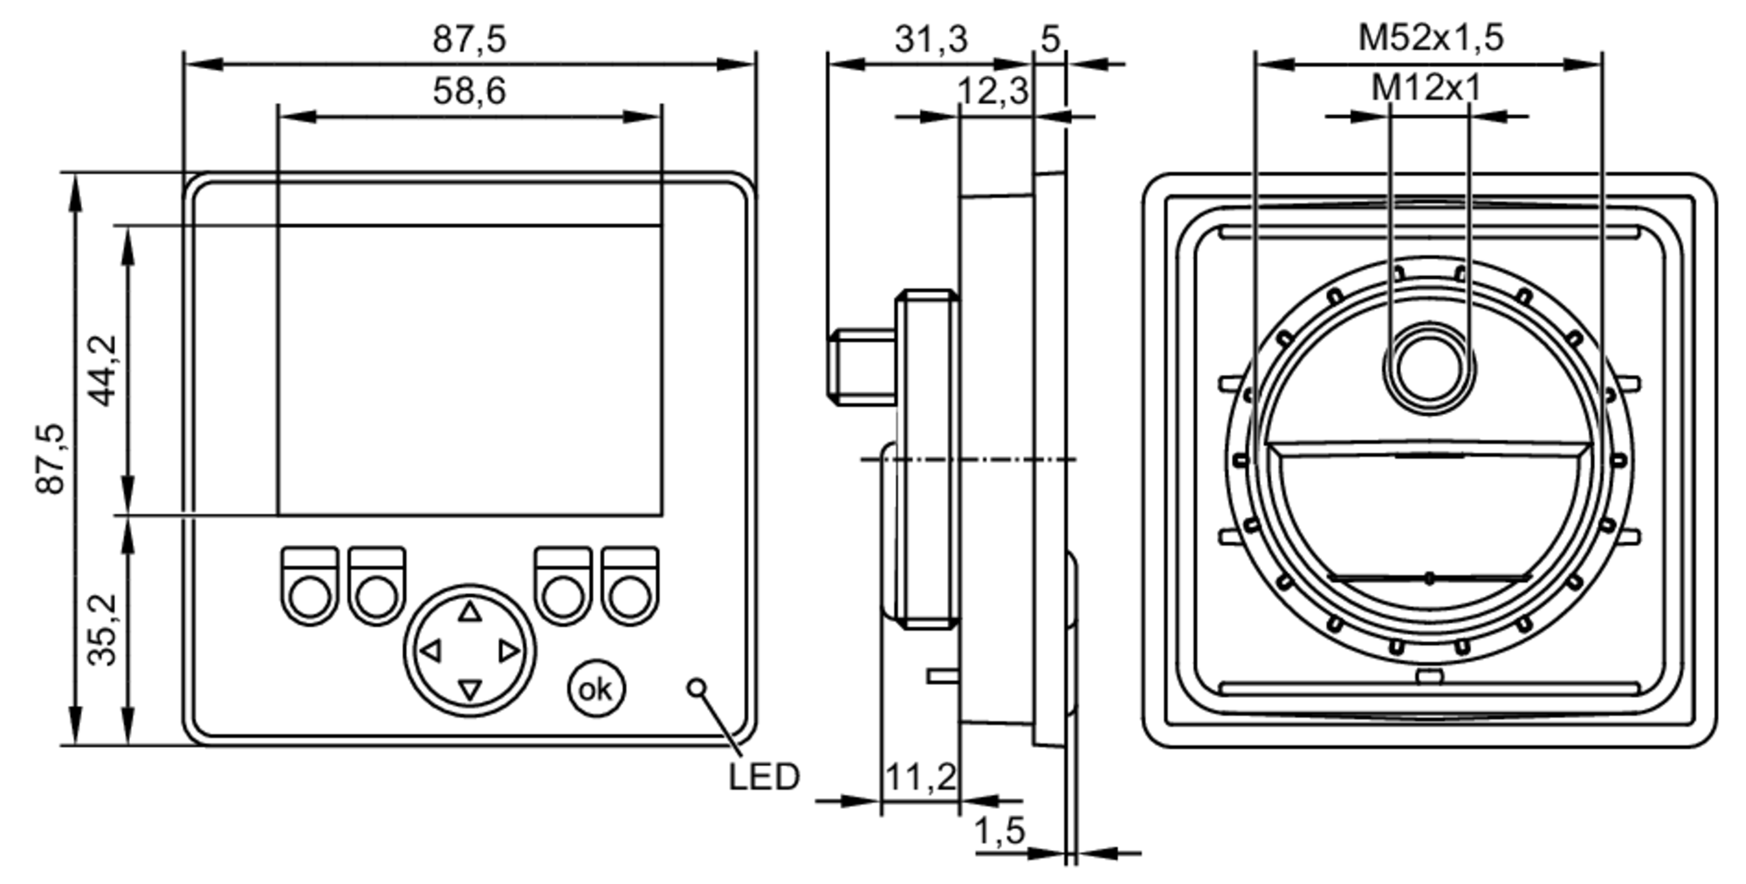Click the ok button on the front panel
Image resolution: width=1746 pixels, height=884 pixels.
click(x=596, y=689)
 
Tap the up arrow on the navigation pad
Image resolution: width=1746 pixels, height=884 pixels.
click(x=470, y=611)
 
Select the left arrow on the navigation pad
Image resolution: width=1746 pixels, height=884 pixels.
click(x=430, y=651)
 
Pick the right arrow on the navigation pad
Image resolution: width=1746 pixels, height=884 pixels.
click(x=509, y=651)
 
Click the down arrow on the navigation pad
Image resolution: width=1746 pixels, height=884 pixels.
click(x=470, y=690)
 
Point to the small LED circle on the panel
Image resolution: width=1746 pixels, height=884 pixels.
click(x=696, y=687)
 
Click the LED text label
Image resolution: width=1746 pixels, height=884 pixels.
click(x=764, y=777)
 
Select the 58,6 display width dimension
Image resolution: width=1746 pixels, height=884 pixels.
click(x=469, y=91)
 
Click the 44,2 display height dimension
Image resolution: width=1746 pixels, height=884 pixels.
click(x=104, y=370)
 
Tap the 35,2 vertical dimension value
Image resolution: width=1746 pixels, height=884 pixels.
click(x=104, y=630)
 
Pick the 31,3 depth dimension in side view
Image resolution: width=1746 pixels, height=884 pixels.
click(x=931, y=39)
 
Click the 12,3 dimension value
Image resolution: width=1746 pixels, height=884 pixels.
click(x=993, y=92)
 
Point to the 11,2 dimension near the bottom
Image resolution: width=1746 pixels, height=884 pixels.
click(x=920, y=777)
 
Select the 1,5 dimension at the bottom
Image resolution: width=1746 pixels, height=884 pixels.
click(x=1000, y=831)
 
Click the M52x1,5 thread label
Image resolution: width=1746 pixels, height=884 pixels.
click(x=1430, y=38)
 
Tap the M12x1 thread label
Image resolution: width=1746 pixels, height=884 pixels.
click(x=1426, y=88)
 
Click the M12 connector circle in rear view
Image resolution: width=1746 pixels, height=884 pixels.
click(x=1429, y=366)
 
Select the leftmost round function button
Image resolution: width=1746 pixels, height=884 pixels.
click(x=310, y=598)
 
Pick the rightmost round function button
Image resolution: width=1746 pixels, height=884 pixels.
click(x=630, y=598)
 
